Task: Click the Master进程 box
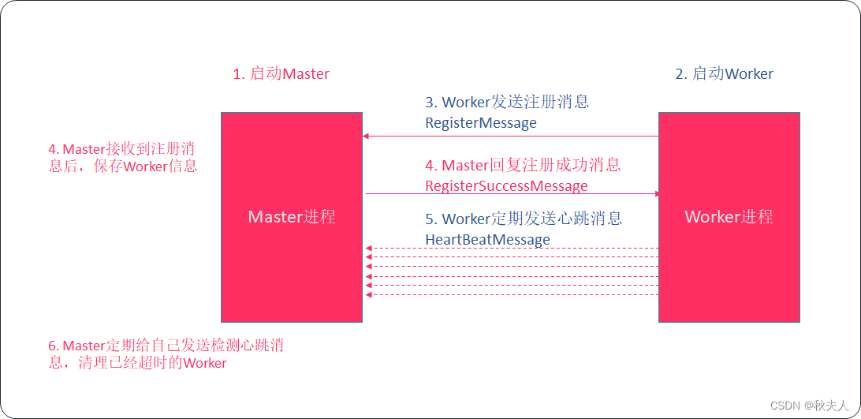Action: point(292,217)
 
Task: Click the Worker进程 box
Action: point(729,217)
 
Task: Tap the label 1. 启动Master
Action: point(281,74)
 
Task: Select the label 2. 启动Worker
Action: point(724,74)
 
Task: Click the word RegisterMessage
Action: point(480,123)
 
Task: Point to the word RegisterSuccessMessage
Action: point(506,186)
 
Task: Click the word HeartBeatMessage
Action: point(487,239)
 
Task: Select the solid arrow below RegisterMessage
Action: point(511,137)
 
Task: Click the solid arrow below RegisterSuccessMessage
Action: point(511,193)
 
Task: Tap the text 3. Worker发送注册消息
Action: point(507,103)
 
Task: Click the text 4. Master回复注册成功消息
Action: point(523,165)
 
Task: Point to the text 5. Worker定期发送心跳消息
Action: point(524,219)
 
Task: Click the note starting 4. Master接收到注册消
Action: point(123,157)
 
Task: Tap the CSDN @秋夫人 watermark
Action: point(810,405)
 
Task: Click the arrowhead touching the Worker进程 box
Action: point(654,193)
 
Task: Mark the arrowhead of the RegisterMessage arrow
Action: point(367,137)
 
